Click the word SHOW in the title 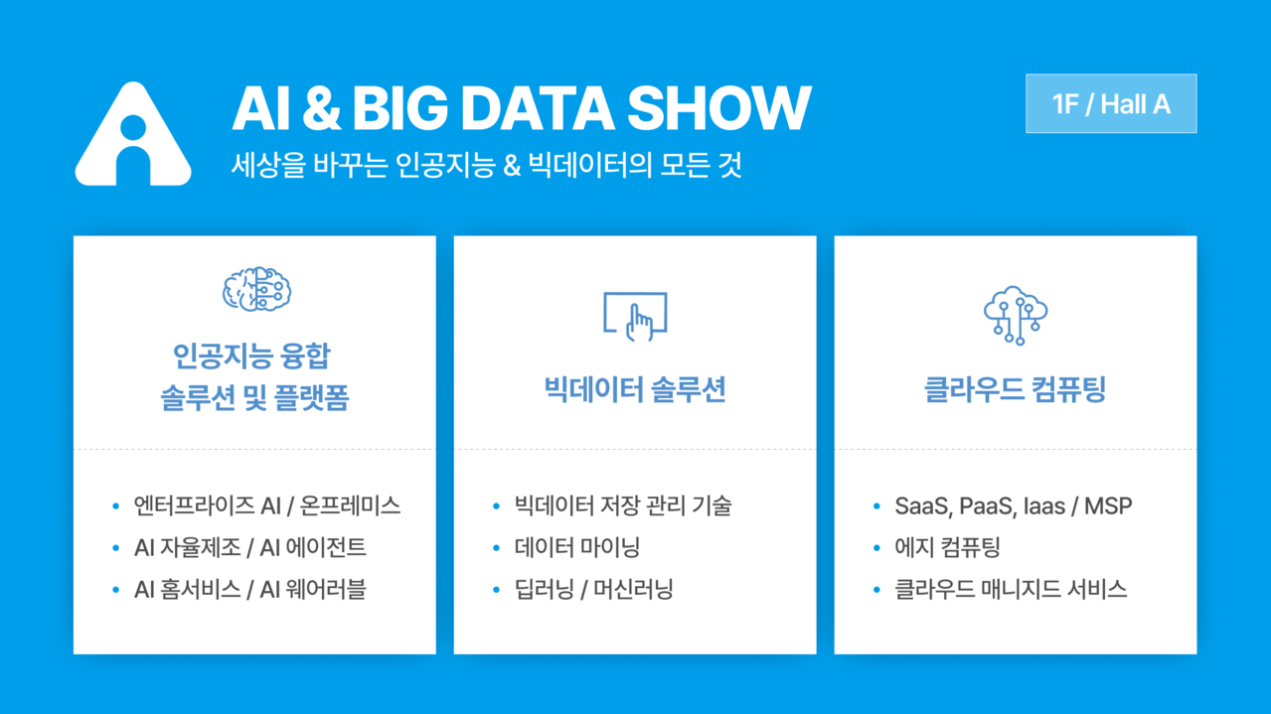[x=718, y=108]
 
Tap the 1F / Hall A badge [x=1111, y=104]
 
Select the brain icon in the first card [x=257, y=289]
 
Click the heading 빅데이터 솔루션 [x=635, y=389]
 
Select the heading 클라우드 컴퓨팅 [x=1015, y=389]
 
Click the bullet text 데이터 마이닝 [x=577, y=547]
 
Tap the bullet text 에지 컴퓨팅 [x=947, y=547]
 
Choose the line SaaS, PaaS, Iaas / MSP [x=1014, y=505]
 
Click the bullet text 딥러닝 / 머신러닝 [x=593, y=589]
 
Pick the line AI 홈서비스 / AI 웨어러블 [x=250, y=589]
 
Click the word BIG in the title [x=400, y=108]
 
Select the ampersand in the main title [x=322, y=108]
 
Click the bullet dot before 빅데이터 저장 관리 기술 [x=497, y=505]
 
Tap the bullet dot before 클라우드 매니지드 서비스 [x=876, y=590]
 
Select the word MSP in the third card [x=1108, y=505]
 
